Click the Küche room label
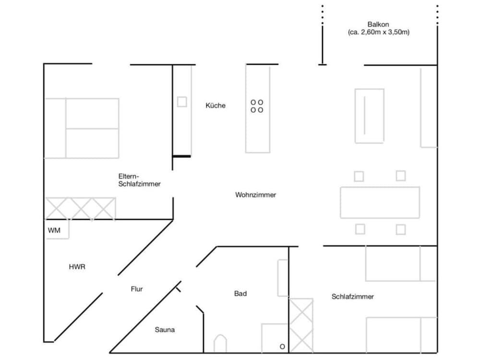tap(216, 106)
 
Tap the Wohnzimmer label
tap(255, 195)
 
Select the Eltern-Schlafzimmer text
tap(139, 180)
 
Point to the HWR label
tap(77, 267)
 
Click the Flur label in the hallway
tap(137, 289)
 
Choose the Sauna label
tap(165, 330)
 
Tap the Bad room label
tap(240, 293)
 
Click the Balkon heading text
tap(378, 24)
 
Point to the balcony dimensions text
tap(379, 33)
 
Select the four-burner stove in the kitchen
tap(257, 106)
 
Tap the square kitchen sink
tap(182, 102)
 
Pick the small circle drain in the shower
tap(282, 347)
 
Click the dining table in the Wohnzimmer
tap(380, 202)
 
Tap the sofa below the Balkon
tap(369, 116)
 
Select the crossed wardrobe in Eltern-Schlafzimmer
tap(81, 209)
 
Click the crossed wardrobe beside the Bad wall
tap(302, 325)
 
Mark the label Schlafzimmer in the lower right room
tap(352, 297)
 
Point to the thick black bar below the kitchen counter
tap(182, 156)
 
